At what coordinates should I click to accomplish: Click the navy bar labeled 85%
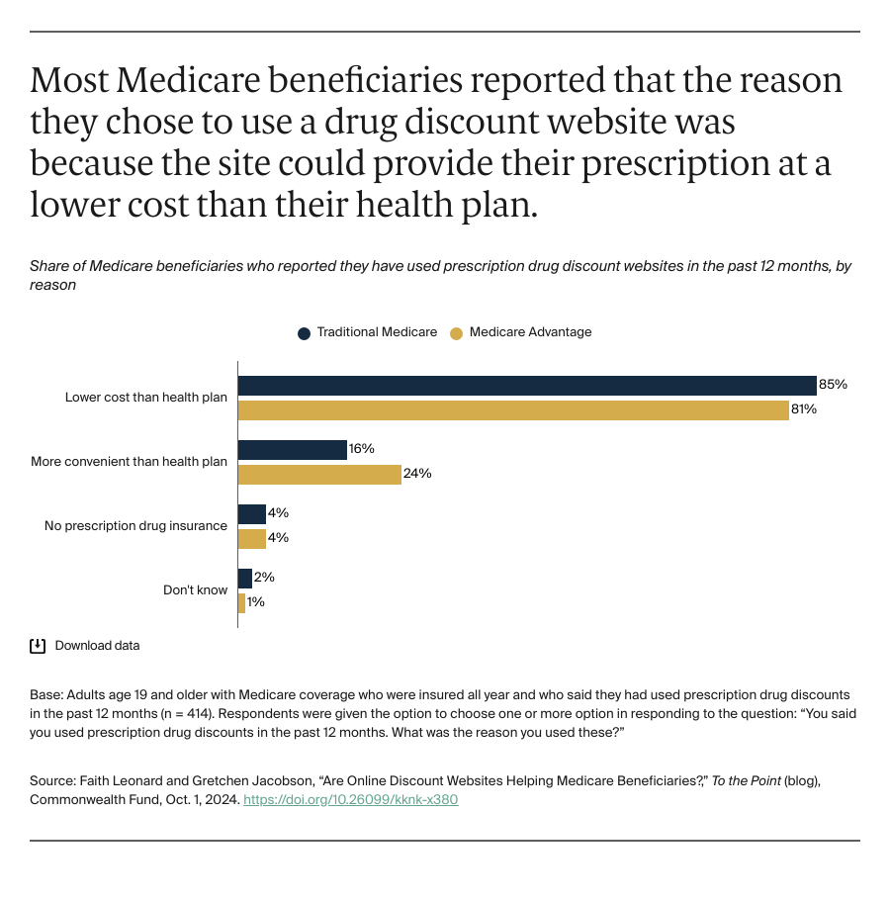[x=527, y=386]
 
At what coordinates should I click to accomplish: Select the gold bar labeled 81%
[x=513, y=410]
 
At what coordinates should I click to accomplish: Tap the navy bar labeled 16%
[x=293, y=450]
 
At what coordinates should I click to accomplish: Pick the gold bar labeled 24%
[x=319, y=475]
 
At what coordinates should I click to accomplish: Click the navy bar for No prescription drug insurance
[x=252, y=514]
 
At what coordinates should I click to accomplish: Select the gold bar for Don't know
[x=241, y=602]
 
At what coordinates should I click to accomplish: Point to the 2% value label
[x=264, y=578]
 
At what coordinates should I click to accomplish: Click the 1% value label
[x=256, y=602]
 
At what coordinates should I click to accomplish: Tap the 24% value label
[x=417, y=474]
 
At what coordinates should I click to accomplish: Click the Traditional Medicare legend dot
[x=305, y=333]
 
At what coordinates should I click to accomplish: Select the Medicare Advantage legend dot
[x=456, y=333]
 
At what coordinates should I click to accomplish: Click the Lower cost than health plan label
[x=146, y=398]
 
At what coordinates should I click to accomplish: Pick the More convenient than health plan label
[x=129, y=462]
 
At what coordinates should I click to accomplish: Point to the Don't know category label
[x=195, y=590]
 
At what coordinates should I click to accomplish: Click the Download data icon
[x=38, y=646]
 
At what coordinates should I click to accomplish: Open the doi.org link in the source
[x=350, y=799]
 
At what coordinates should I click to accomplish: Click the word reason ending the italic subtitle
[x=52, y=285]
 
